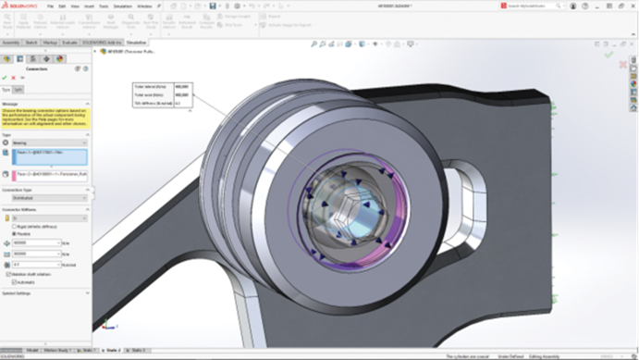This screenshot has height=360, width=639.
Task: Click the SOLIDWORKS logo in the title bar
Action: tap(18, 6)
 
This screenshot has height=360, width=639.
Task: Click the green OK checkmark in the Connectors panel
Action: tap(5, 78)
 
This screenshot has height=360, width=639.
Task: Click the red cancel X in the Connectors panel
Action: tap(14, 78)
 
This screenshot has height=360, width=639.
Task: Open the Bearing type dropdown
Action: tap(50, 143)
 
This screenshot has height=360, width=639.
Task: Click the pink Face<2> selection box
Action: tap(50, 174)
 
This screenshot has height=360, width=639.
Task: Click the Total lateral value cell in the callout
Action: tap(181, 87)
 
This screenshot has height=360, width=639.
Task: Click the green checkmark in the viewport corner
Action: tap(608, 55)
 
